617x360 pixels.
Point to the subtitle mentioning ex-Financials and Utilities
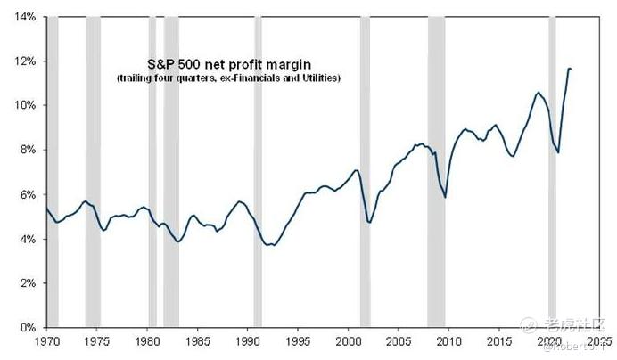tap(229, 79)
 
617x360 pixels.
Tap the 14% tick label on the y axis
tap(24, 17)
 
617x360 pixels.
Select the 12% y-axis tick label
tap(24, 61)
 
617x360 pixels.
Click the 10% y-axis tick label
tap(24, 106)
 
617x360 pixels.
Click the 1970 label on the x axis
tap(46, 341)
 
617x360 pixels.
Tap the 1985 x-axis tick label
tap(199, 341)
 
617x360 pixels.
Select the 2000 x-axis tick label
tap(352, 341)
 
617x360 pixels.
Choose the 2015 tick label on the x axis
tap(505, 341)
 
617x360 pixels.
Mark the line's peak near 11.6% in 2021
tap(570, 69)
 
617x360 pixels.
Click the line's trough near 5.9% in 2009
tap(445, 197)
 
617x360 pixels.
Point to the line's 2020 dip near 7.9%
tap(558, 152)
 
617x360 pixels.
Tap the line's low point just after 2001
tap(369, 221)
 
